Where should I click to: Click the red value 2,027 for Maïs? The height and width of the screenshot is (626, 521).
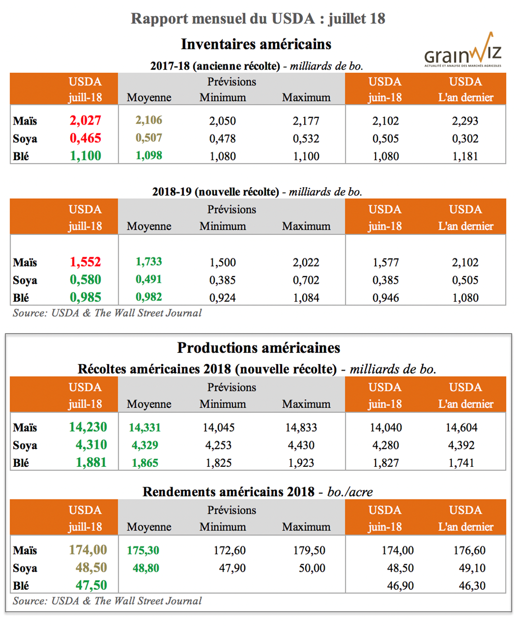[85, 121]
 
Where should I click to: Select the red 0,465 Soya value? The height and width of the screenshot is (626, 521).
[85, 138]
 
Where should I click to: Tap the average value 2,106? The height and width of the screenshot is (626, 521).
[149, 120]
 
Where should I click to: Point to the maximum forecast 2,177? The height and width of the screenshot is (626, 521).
[306, 121]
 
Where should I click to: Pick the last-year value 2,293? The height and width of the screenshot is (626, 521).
[465, 121]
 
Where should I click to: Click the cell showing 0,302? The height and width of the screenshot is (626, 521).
[465, 139]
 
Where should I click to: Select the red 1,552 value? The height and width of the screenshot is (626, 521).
[85, 262]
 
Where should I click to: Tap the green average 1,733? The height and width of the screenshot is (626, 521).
[149, 262]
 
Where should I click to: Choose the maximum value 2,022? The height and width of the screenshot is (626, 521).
[306, 262]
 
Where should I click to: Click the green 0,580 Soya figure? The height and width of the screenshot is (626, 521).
[85, 280]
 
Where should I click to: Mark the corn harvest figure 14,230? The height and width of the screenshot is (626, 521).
[88, 427]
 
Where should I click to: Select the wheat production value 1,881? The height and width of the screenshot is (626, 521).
[91, 463]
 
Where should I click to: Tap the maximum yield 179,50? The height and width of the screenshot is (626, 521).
[309, 551]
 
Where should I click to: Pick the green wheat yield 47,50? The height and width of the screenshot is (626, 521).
[91, 585]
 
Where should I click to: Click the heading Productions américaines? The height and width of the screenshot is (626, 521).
[258, 348]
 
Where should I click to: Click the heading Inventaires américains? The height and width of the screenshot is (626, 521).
[256, 44]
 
